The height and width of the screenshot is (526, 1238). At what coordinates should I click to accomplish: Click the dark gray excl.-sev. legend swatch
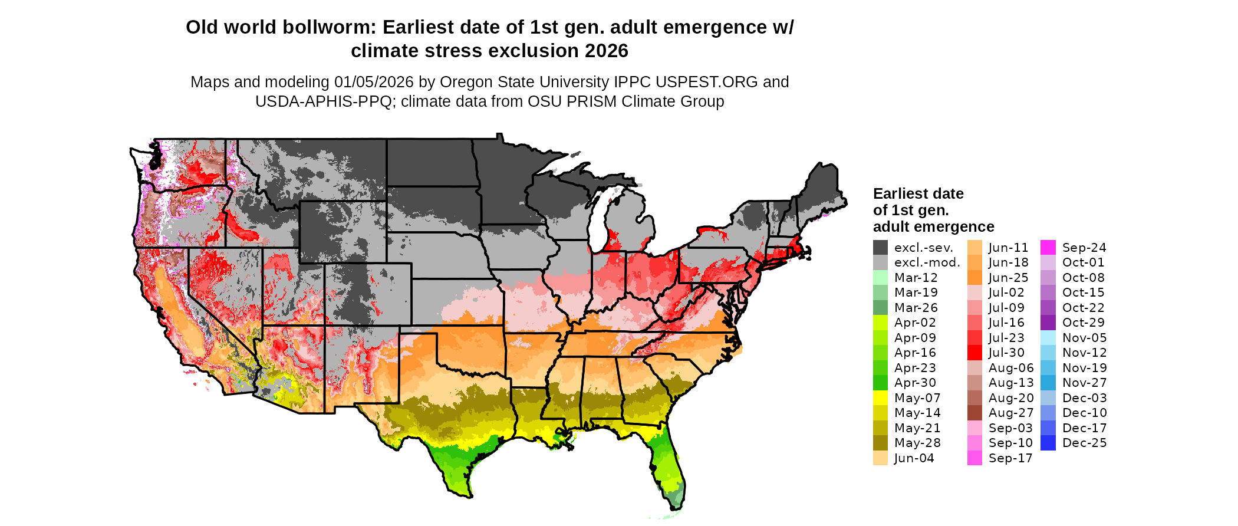(x=880, y=248)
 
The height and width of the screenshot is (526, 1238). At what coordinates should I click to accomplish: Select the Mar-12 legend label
(x=916, y=278)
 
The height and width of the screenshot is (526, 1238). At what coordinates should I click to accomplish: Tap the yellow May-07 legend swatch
(x=880, y=398)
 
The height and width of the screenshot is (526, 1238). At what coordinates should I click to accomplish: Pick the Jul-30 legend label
(x=1006, y=353)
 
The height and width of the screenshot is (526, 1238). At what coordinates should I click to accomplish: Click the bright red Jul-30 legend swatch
(x=974, y=353)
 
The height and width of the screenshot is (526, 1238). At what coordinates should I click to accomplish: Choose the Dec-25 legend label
(x=1084, y=443)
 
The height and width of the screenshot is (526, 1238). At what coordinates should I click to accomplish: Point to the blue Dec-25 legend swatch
(x=1048, y=443)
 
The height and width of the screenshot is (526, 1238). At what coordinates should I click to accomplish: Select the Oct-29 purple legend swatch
(x=1048, y=323)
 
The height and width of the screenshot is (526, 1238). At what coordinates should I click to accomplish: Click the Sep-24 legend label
(x=1084, y=248)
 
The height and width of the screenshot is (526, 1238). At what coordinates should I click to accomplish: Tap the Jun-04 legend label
(x=914, y=458)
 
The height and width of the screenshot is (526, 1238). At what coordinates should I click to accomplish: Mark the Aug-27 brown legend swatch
(x=974, y=413)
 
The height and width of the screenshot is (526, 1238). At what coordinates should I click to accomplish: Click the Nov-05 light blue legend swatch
(x=1048, y=338)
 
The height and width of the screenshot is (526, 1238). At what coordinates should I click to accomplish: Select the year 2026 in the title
(x=607, y=51)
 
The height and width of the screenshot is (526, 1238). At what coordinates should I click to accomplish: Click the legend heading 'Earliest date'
(x=918, y=194)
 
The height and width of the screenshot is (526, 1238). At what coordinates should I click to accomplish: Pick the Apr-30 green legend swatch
(x=880, y=383)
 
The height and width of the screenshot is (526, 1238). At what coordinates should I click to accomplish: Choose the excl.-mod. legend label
(x=927, y=262)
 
